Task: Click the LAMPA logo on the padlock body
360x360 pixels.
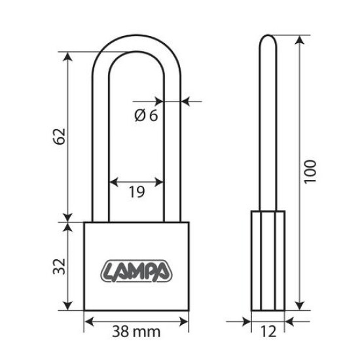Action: click(x=137, y=269)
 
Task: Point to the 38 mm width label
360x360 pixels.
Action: click(x=137, y=332)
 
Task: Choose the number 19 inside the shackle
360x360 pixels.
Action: click(x=136, y=192)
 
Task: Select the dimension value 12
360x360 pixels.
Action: click(x=268, y=332)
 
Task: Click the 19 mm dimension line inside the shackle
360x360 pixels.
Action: click(x=136, y=181)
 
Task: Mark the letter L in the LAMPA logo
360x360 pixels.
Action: click(x=109, y=270)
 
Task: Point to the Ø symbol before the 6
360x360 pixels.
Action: click(x=139, y=116)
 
